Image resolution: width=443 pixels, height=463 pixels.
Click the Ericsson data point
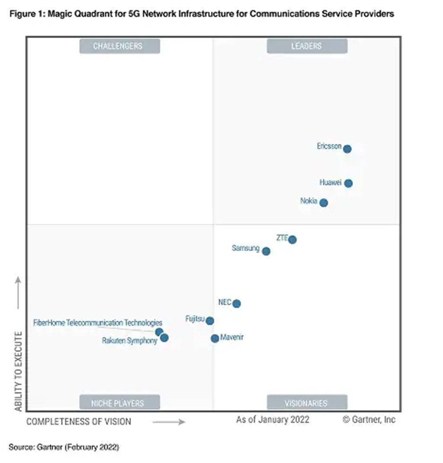coord(347,149)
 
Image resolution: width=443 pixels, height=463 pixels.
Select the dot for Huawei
coord(348,183)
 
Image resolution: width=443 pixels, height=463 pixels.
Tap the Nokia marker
coord(324,202)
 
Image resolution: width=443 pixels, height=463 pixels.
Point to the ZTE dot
coord(292,239)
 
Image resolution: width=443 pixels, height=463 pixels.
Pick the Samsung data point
coord(266,251)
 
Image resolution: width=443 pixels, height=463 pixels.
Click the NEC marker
coord(236,303)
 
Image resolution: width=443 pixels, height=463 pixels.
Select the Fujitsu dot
coord(210,321)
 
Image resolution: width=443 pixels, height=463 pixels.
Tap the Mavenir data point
coord(215,338)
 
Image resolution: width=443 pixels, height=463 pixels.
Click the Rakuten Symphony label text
coord(129,341)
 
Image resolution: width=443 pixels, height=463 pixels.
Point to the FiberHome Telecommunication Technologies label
coord(98,323)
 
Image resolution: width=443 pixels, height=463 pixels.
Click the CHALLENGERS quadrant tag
coord(119,46)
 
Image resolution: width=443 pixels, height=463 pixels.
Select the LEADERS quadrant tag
coord(307,46)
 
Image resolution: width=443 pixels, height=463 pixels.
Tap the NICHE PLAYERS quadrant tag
coord(119,403)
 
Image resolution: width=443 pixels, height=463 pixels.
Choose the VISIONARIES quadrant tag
coord(307,403)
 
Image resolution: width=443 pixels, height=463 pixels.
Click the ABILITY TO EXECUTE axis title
coord(18,372)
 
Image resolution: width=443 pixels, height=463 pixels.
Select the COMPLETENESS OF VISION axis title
coord(79,421)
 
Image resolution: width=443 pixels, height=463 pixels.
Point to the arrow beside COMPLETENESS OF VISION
coord(169,421)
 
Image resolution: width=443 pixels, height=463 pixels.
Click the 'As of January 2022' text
coord(273,419)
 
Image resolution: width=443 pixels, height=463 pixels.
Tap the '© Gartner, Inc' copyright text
coord(369,419)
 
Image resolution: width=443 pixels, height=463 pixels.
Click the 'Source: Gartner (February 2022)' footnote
coord(64,447)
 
